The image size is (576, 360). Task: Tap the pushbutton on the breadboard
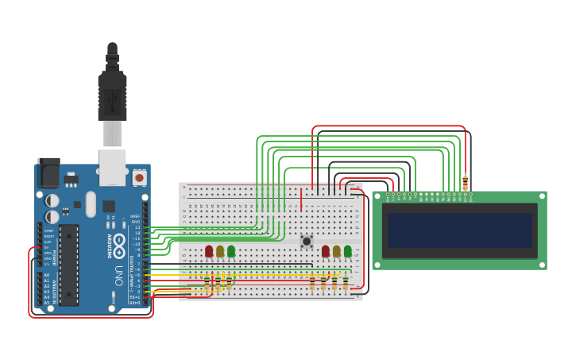click(x=307, y=241)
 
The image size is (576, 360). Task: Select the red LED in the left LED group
click(x=209, y=251)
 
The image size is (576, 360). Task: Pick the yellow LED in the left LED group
click(x=220, y=251)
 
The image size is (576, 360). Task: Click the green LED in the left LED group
click(x=231, y=251)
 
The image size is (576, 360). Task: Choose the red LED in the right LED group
click(x=326, y=251)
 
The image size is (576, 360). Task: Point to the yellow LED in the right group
click(x=337, y=251)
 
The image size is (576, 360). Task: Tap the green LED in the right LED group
click(x=348, y=251)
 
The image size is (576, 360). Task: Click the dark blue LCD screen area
click(x=459, y=230)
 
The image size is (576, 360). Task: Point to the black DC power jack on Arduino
click(x=48, y=172)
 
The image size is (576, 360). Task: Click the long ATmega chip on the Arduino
click(x=69, y=264)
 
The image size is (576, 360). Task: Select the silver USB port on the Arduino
click(x=112, y=168)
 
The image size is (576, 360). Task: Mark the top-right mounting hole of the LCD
click(x=542, y=196)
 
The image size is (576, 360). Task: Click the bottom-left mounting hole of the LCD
click(x=377, y=265)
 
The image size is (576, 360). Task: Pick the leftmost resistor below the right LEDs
click(x=312, y=283)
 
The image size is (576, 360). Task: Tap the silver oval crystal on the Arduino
click(x=91, y=203)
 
